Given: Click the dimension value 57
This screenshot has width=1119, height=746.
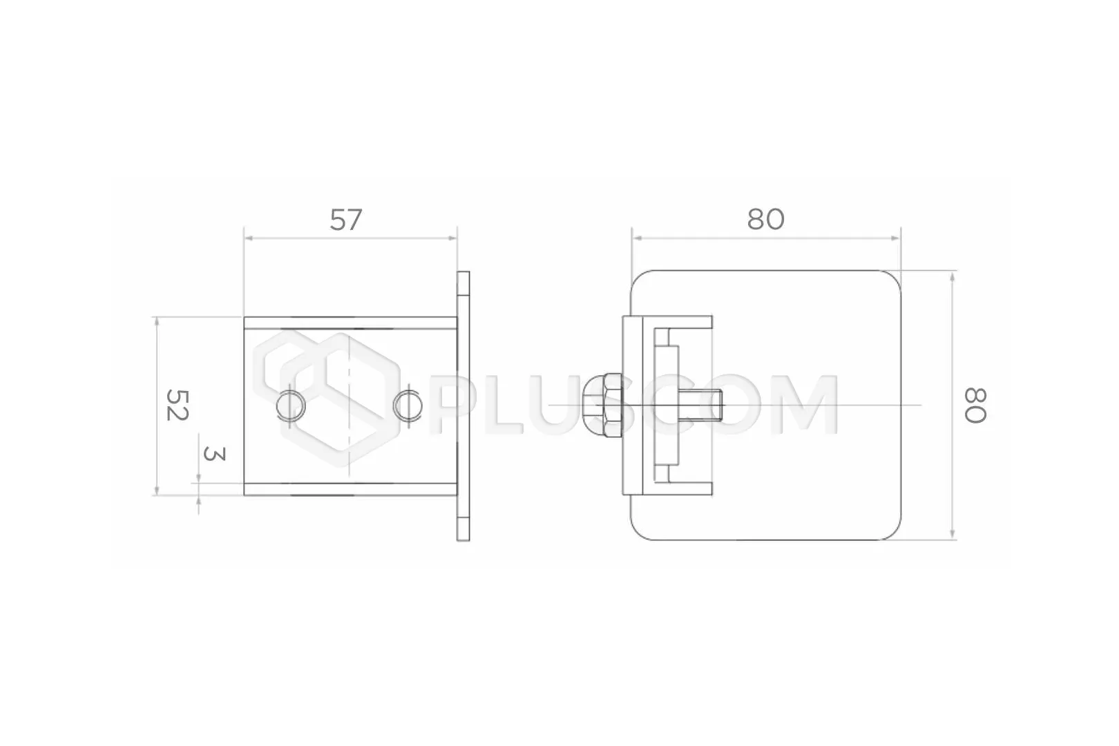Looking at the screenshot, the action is point(345,220).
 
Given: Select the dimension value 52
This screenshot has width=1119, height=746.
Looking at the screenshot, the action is point(177,405).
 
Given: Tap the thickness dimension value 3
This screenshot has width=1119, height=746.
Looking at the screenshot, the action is point(214,454).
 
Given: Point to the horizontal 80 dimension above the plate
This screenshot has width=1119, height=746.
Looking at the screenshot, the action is point(765,220).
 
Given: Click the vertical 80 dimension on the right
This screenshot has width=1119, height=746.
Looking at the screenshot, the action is point(975,405).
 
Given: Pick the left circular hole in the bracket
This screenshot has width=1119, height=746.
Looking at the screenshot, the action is point(291,405).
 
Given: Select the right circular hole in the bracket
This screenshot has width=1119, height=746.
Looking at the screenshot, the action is point(408,405).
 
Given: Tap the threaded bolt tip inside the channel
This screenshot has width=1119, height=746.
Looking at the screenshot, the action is point(700,405).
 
